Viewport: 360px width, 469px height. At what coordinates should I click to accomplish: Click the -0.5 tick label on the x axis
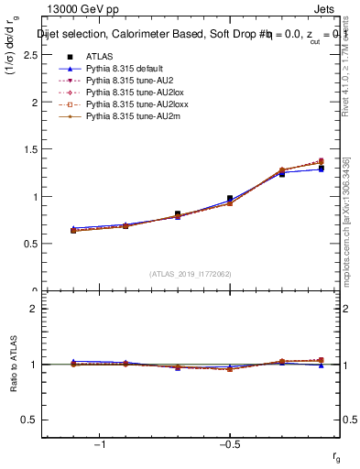(x=228, y=442)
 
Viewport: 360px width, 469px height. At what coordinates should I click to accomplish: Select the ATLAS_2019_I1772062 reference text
(x=191, y=273)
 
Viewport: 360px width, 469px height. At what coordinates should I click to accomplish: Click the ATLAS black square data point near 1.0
(x=230, y=198)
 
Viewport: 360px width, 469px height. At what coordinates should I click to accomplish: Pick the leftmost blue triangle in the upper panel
(x=73, y=229)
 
